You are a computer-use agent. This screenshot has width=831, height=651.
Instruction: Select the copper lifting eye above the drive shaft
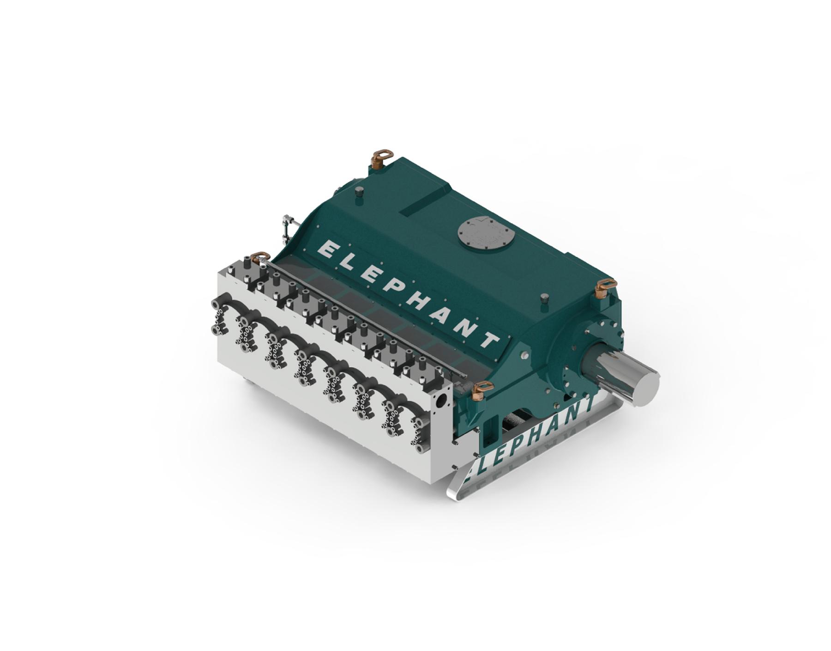(x=605, y=287)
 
